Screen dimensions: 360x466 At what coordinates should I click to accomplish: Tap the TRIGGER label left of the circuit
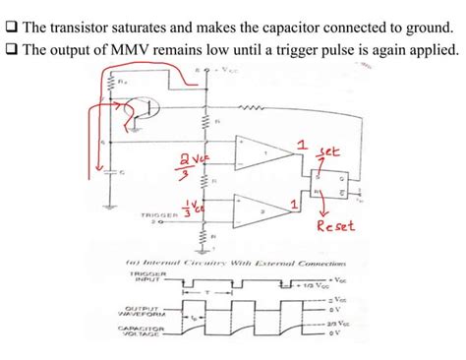coord(162,212)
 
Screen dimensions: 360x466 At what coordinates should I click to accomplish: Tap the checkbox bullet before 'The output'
coord(10,49)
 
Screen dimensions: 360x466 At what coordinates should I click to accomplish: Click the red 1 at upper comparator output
coord(301,148)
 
